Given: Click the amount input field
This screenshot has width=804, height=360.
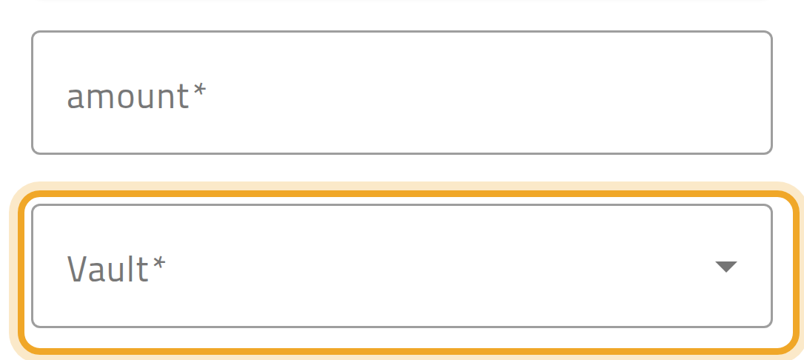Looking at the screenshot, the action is (x=402, y=93).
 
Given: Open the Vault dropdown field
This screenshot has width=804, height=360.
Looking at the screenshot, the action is (x=402, y=266).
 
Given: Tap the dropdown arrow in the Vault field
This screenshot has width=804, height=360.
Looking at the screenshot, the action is (x=726, y=267).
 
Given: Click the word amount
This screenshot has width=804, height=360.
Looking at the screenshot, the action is (x=127, y=96).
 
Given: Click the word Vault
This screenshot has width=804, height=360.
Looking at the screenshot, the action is (x=107, y=268).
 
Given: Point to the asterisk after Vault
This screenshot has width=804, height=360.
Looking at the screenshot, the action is (x=159, y=262).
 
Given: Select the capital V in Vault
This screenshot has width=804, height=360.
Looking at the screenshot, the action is (x=77, y=268).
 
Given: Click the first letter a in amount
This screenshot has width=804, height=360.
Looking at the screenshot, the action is (x=76, y=99).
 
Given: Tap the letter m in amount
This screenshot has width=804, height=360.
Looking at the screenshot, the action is (x=101, y=98).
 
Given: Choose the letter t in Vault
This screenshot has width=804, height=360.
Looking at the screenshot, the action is (x=143, y=269).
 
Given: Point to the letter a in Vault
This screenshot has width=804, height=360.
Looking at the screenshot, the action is (x=97, y=272).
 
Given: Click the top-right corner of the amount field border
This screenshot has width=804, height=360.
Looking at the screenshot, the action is (x=771, y=32).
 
